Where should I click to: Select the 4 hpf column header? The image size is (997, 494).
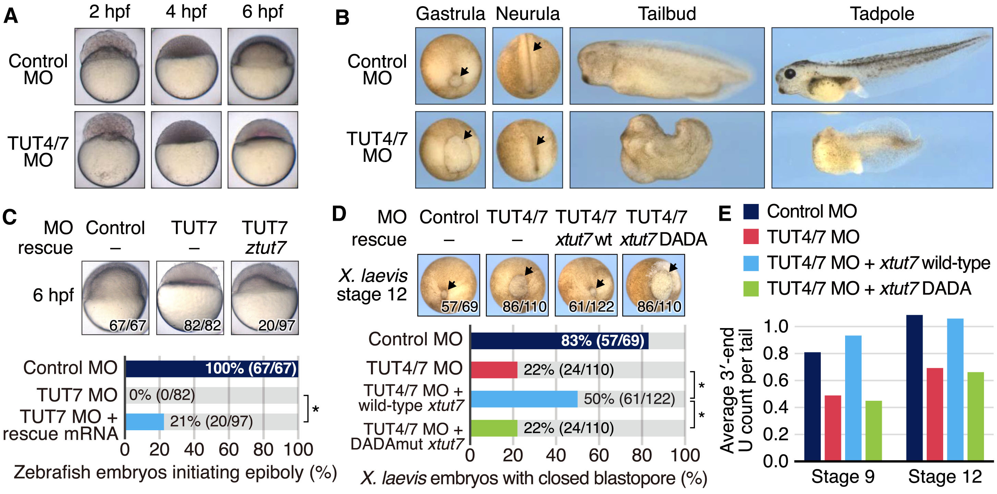(x=186, y=12)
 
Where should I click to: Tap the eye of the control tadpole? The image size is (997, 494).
(x=789, y=73)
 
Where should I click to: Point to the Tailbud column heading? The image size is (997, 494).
(x=667, y=14)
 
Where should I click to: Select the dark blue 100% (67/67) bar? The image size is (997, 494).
(x=212, y=369)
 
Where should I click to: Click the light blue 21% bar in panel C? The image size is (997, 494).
(x=145, y=422)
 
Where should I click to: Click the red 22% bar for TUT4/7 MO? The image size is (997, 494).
(x=494, y=370)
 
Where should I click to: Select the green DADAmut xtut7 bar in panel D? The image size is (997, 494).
(x=494, y=428)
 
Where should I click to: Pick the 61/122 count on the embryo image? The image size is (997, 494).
(x=591, y=306)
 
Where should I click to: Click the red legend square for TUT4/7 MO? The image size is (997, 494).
(x=750, y=237)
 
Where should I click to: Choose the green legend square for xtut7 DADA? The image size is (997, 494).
(x=750, y=288)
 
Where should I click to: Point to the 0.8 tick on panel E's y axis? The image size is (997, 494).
(x=776, y=353)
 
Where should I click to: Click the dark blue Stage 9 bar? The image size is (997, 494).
(x=812, y=407)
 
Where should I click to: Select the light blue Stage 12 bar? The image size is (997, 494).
(x=955, y=389)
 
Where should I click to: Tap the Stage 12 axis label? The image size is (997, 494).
(x=945, y=477)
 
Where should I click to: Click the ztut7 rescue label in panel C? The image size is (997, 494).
(x=265, y=248)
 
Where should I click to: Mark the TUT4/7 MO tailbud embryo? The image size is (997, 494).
(x=666, y=149)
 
